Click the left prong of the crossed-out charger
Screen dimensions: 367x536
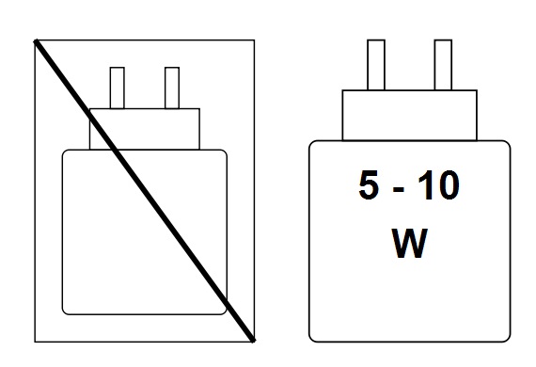(x=118, y=88)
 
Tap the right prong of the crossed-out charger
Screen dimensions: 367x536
(x=171, y=88)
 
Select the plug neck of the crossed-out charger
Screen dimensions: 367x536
(x=160, y=129)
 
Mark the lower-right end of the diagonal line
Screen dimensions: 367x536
(x=253, y=339)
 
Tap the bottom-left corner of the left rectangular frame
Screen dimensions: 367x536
(x=35, y=341)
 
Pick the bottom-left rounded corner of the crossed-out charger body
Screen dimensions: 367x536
(x=66, y=310)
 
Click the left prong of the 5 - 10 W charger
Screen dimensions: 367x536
(x=375, y=65)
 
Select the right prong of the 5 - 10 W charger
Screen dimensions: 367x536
(x=443, y=65)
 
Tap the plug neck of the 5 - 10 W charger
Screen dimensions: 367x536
(x=409, y=115)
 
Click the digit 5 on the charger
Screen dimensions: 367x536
(x=370, y=186)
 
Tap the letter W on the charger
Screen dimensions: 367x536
(x=408, y=243)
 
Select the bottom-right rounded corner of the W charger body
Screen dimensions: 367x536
(x=506, y=334)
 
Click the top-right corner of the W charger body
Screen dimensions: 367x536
(x=506, y=144)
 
